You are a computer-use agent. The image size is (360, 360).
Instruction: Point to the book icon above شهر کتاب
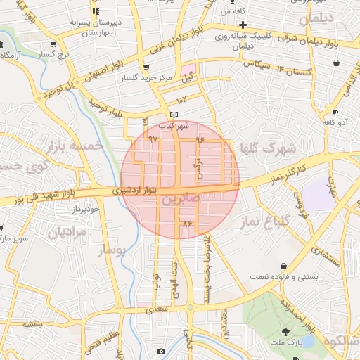(x=174, y=115)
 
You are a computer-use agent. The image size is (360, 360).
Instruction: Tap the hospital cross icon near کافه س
(x=242, y=25)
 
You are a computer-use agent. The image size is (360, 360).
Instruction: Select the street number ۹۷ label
(x=153, y=139)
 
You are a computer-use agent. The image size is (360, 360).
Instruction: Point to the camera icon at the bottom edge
(x=161, y=351)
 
